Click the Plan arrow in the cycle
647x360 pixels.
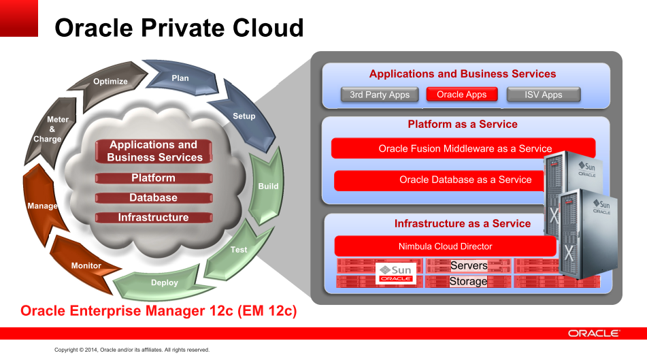(180, 78)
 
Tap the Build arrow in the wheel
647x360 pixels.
(267, 185)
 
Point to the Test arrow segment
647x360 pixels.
(239, 250)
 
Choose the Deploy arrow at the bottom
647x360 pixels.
(164, 282)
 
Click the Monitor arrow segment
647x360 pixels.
(86, 265)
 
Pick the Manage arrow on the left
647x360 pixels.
(42, 205)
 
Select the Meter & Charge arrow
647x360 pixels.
(48, 129)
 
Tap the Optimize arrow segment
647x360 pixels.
(110, 82)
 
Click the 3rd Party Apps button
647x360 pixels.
(380, 95)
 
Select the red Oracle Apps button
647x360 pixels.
(462, 95)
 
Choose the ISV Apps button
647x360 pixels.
(544, 95)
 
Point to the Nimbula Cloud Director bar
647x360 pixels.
(445, 246)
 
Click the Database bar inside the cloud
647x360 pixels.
(154, 198)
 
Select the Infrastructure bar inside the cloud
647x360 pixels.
(154, 218)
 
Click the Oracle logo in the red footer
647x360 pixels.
(593, 333)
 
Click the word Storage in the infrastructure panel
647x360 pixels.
(468, 281)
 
